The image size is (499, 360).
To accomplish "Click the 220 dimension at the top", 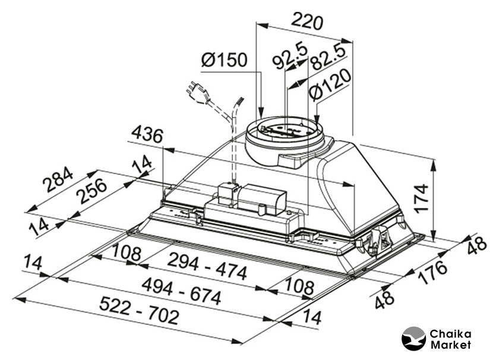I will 307,22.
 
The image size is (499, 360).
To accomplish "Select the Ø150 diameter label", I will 224,60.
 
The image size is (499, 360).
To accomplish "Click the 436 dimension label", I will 147,135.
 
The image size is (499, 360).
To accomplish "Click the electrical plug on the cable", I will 196,91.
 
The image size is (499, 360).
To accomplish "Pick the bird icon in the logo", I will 414,339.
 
